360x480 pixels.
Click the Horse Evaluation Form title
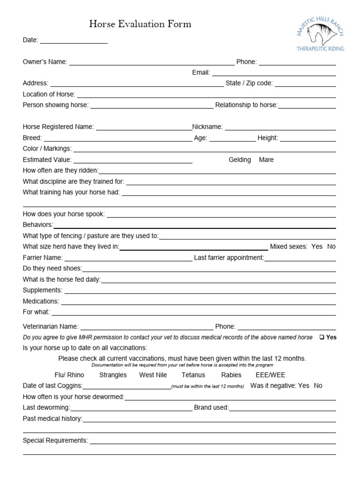140,24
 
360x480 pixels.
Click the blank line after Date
74,42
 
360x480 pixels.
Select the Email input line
274,74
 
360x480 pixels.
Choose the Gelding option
240,160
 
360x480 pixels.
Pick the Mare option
266,160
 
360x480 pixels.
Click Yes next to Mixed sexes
317,247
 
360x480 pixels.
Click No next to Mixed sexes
331,247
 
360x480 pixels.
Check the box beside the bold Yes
322,337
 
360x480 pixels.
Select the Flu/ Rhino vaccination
69,375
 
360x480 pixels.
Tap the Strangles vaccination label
113,375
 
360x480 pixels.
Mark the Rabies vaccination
231,375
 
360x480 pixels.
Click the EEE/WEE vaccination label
270,375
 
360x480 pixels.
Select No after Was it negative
318,386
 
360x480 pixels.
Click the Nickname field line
280,129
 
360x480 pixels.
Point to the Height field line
307,140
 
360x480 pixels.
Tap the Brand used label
211,407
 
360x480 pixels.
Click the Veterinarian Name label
51,326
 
